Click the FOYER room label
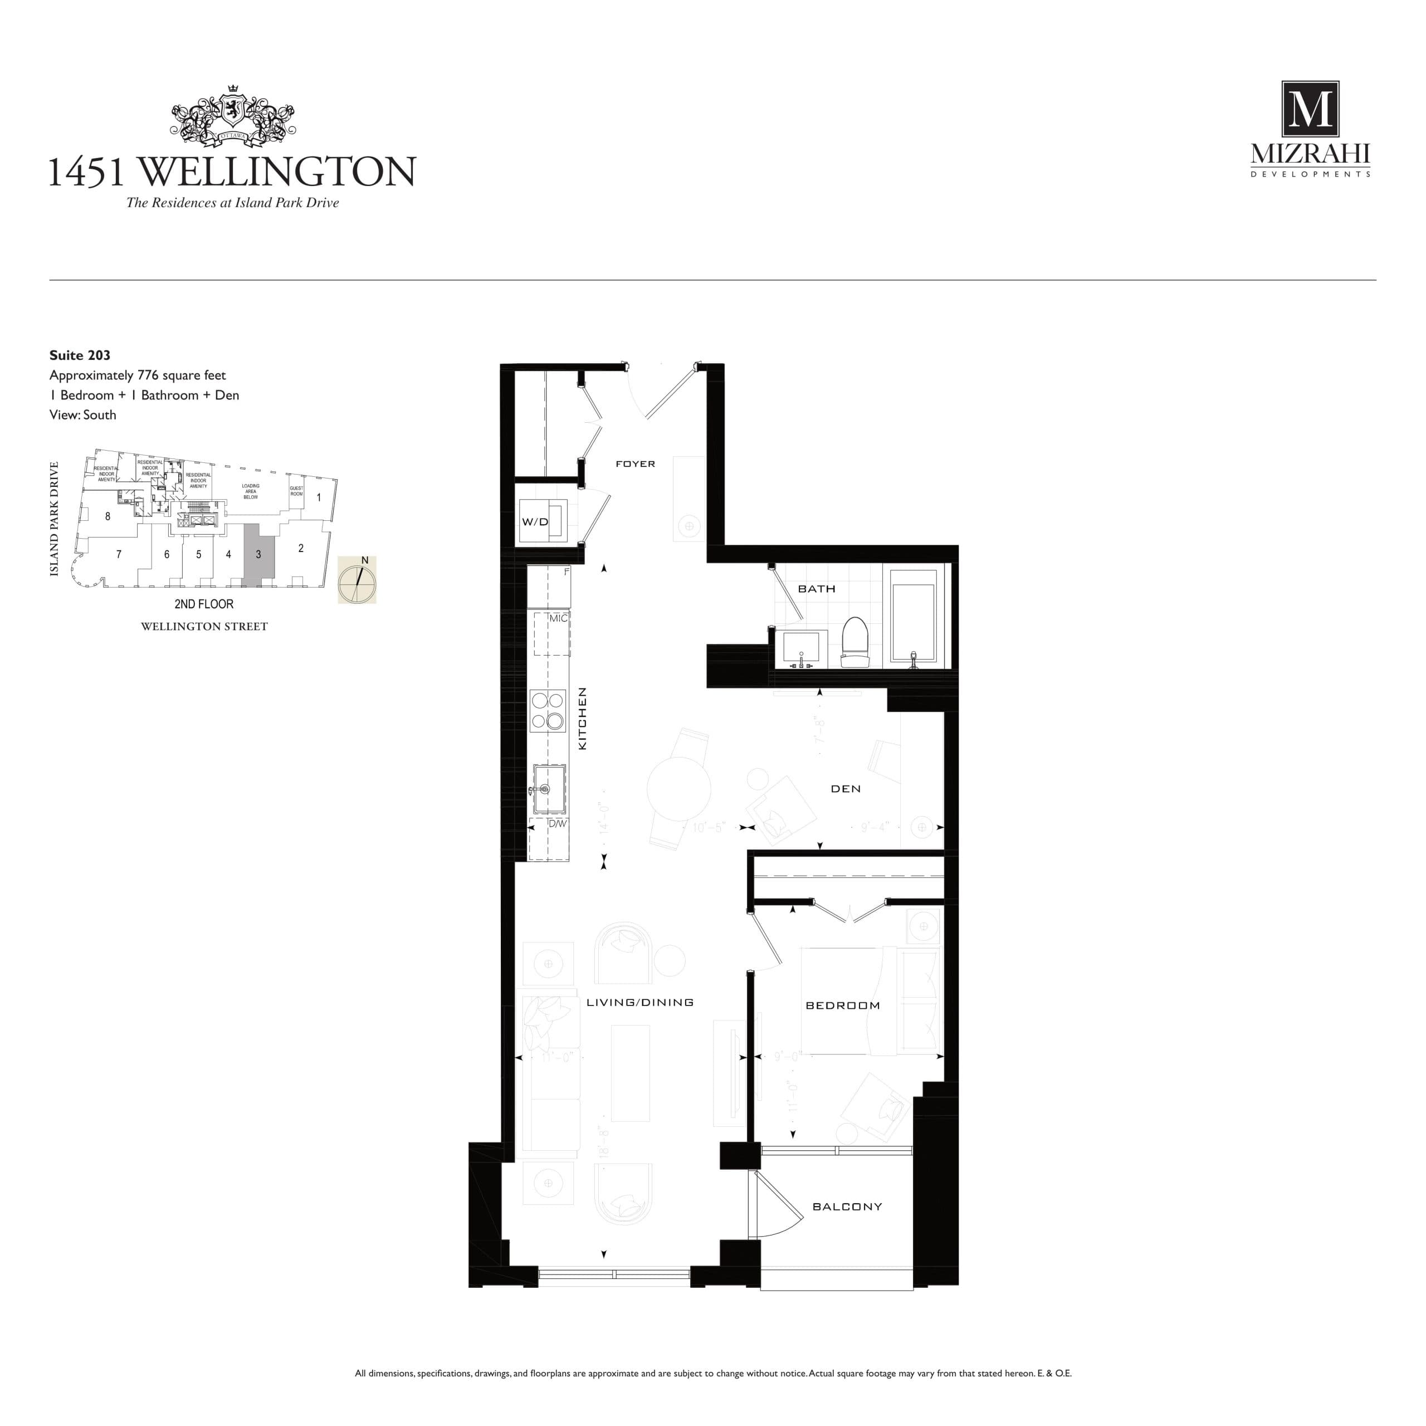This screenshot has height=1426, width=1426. [635, 463]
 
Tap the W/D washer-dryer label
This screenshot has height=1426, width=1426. [535, 522]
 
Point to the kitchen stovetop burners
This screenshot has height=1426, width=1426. [548, 710]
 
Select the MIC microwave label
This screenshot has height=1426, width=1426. [558, 618]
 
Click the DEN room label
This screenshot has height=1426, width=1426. [845, 788]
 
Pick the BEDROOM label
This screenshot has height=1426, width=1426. [842, 1005]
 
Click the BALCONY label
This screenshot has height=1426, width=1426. [847, 1207]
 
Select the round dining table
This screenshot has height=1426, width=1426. [678, 788]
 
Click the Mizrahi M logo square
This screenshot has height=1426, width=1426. [1310, 110]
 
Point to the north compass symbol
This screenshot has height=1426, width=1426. [357, 580]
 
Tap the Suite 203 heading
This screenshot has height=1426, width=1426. [80, 355]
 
